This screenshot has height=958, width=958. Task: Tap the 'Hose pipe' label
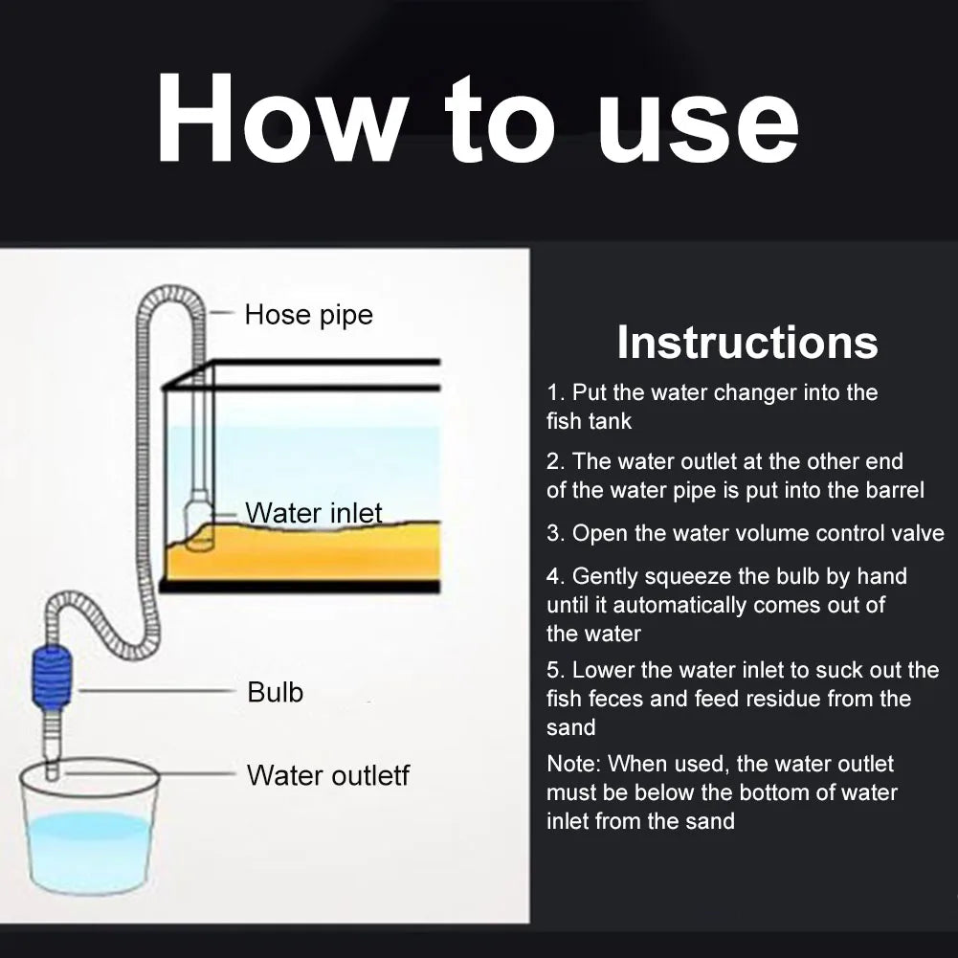coord(308,315)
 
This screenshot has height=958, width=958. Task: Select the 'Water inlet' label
coord(313,513)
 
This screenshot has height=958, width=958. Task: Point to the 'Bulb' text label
coord(275,692)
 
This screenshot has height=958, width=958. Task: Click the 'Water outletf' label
coord(327,775)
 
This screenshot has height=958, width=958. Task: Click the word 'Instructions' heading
coord(746,343)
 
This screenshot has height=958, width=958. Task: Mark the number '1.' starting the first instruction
coord(556,393)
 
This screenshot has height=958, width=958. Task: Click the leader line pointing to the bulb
coord(153,689)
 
